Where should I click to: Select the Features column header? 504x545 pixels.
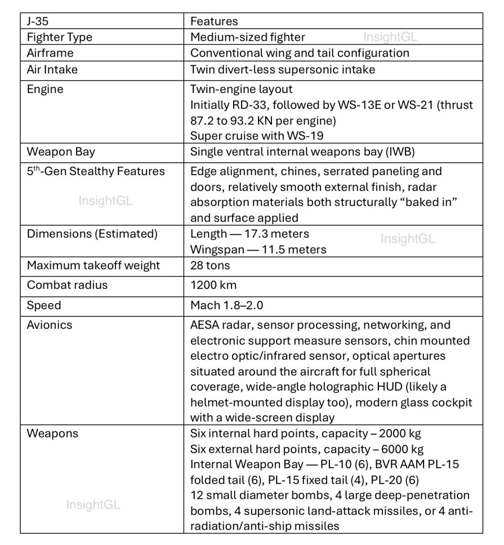214,21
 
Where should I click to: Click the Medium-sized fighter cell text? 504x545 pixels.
247,37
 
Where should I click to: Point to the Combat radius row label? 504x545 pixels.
67,285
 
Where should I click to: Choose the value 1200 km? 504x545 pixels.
210,285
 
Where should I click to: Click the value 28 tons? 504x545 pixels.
210,265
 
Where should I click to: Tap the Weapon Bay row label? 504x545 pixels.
61,151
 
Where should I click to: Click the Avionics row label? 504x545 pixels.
49,325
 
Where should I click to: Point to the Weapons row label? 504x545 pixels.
52,433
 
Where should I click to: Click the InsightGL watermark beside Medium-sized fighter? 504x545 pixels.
390,37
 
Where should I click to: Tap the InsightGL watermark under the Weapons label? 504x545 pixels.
93,505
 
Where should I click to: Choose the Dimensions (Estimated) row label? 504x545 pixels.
92,234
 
